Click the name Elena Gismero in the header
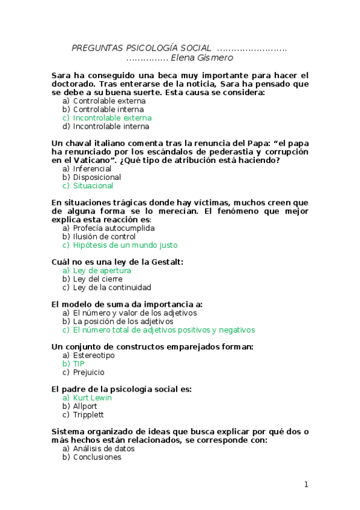point(202,58)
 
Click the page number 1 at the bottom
point(306,485)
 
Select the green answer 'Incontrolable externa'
point(112,118)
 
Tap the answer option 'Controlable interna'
point(108,109)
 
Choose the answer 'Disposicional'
point(97,177)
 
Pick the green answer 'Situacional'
point(93,186)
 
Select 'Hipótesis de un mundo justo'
point(125,245)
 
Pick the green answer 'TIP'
point(79,364)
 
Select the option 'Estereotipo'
point(94,355)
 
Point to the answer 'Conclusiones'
point(97,457)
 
